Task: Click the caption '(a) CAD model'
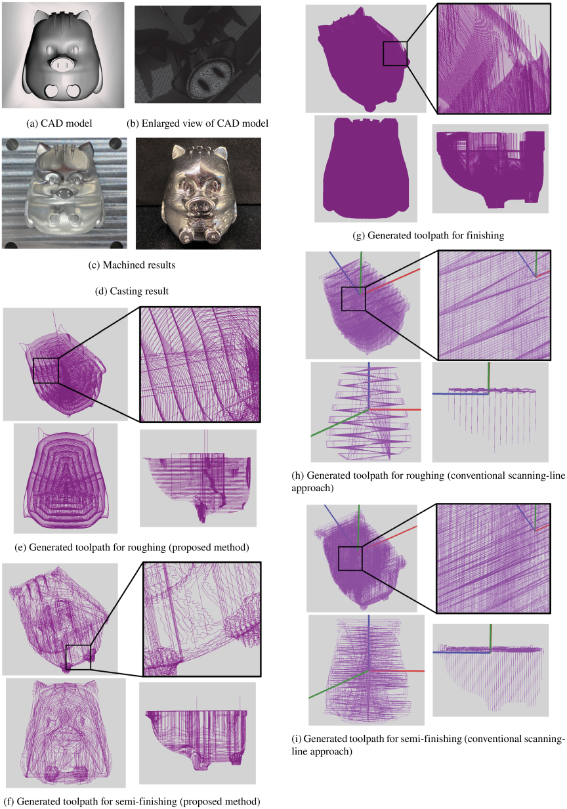tap(60, 123)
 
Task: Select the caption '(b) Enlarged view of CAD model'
tap(198, 123)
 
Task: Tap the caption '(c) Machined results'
tap(132, 265)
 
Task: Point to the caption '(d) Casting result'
tap(132, 291)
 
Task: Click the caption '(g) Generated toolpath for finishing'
tap(429, 236)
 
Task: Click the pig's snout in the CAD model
tap(62, 65)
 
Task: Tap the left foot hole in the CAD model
tap(52, 91)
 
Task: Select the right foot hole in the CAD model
tap(74, 91)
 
